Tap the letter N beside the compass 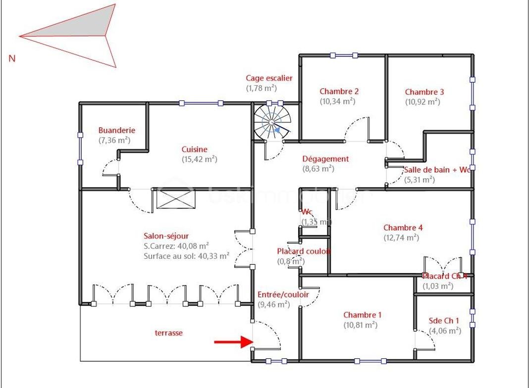pos(12,58)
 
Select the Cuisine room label pos(194,149)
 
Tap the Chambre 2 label pos(339,91)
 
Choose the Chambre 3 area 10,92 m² pos(423,102)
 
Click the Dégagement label pos(325,159)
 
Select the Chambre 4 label pos(403,228)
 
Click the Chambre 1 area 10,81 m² pos(360,325)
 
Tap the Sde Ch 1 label pos(444,320)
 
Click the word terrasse pos(168,333)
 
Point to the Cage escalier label pos(269,78)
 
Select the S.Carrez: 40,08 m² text pos(176,246)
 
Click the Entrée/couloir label pos(283,294)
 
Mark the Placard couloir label pos(303,251)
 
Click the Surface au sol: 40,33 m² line pos(186,256)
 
